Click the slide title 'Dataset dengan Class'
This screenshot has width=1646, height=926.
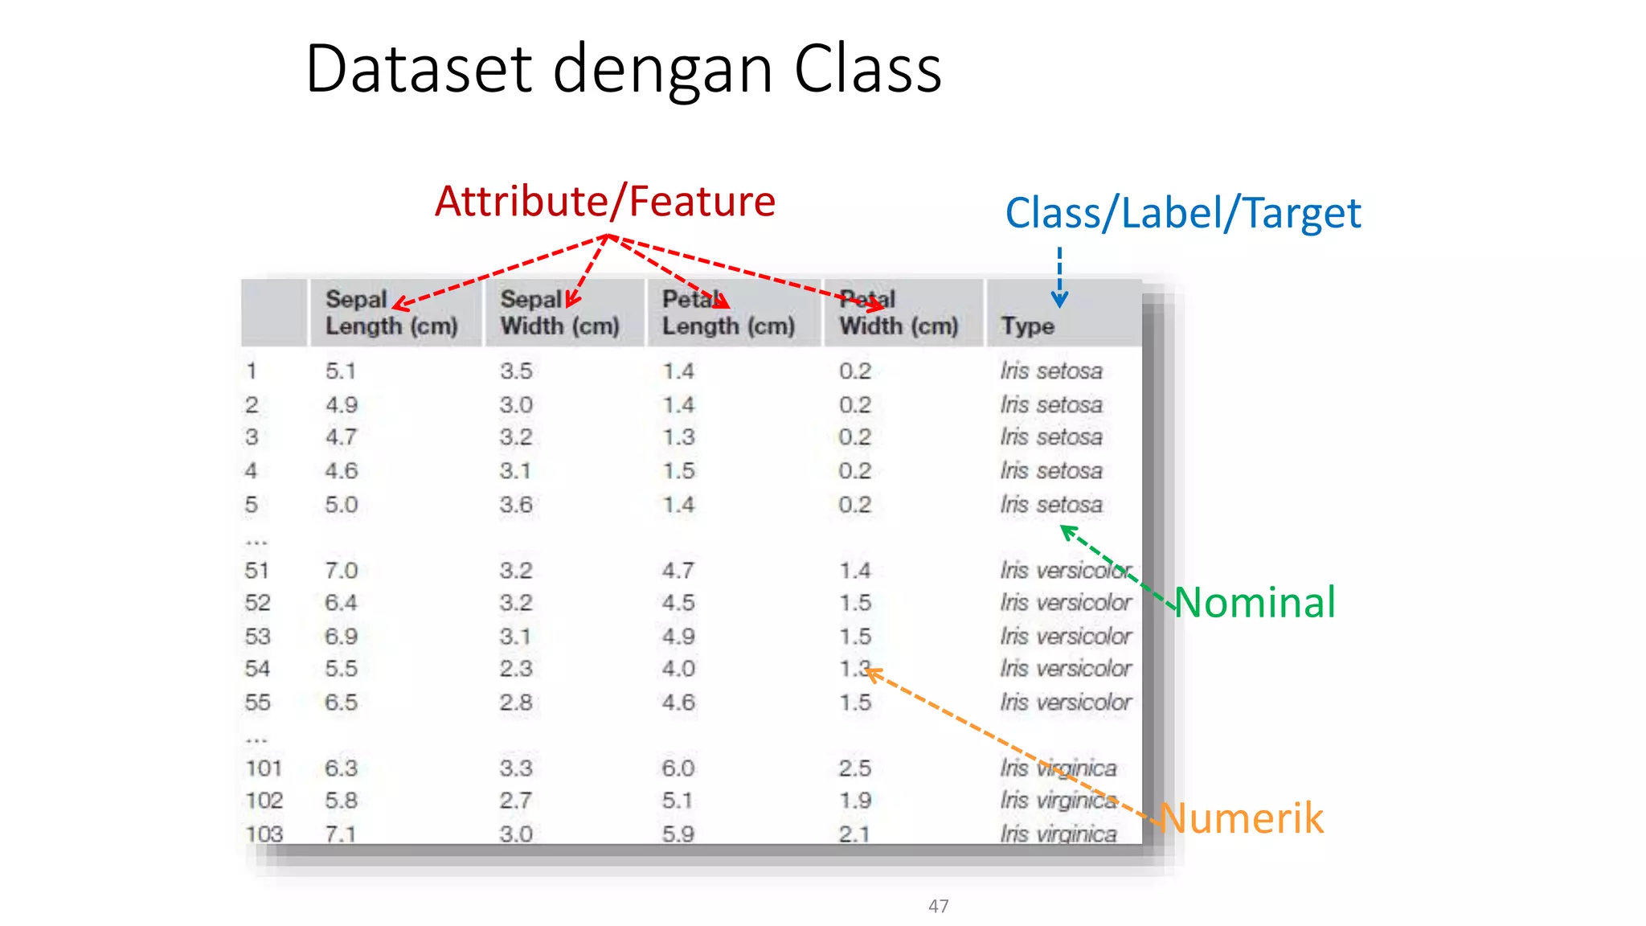pyautogui.click(x=623, y=70)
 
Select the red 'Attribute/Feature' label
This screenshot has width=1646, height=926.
pyautogui.click(x=604, y=201)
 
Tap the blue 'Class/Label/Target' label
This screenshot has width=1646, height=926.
pyautogui.click(x=1182, y=214)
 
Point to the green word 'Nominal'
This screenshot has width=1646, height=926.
pyautogui.click(x=1255, y=602)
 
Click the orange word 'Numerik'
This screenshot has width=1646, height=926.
pyautogui.click(x=1242, y=818)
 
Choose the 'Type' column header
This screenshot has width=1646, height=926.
pyautogui.click(x=1027, y=326)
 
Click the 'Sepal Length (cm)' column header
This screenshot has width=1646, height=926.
pyautogui.click(x=391, y=313)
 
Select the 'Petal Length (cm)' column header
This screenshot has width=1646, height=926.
pyautogui.click(x=728, y=313)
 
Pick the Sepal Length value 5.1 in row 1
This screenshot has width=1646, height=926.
pyautogui.click(x=341, y=371)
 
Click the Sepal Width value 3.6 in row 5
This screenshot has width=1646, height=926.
pyautogui.click(x=516, y=505)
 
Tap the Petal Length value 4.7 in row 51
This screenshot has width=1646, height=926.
pyautogui.click(x=678, y=571)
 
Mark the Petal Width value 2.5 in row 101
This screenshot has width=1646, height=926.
pyautogui.click(x=855, y=768)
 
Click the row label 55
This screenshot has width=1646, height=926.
pyautogui.click(x=257, y=703)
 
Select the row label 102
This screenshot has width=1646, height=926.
pyautogui.click(x=264, y=801)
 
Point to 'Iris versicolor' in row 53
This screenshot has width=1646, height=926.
pyautogui.click(x=1066, y=637)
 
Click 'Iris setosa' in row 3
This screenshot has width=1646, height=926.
pyautogui.click(x=1051, y=437)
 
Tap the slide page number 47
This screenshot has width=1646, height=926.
pyautogui.click(x=938, y=906)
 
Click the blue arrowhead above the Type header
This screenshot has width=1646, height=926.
pyautogui.click(x=1060, y=301)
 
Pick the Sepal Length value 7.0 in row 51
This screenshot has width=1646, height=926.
pyautogui.click(x=341, y=571)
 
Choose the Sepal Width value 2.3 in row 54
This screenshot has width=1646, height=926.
pyautogui.click(x=516, y=669)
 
